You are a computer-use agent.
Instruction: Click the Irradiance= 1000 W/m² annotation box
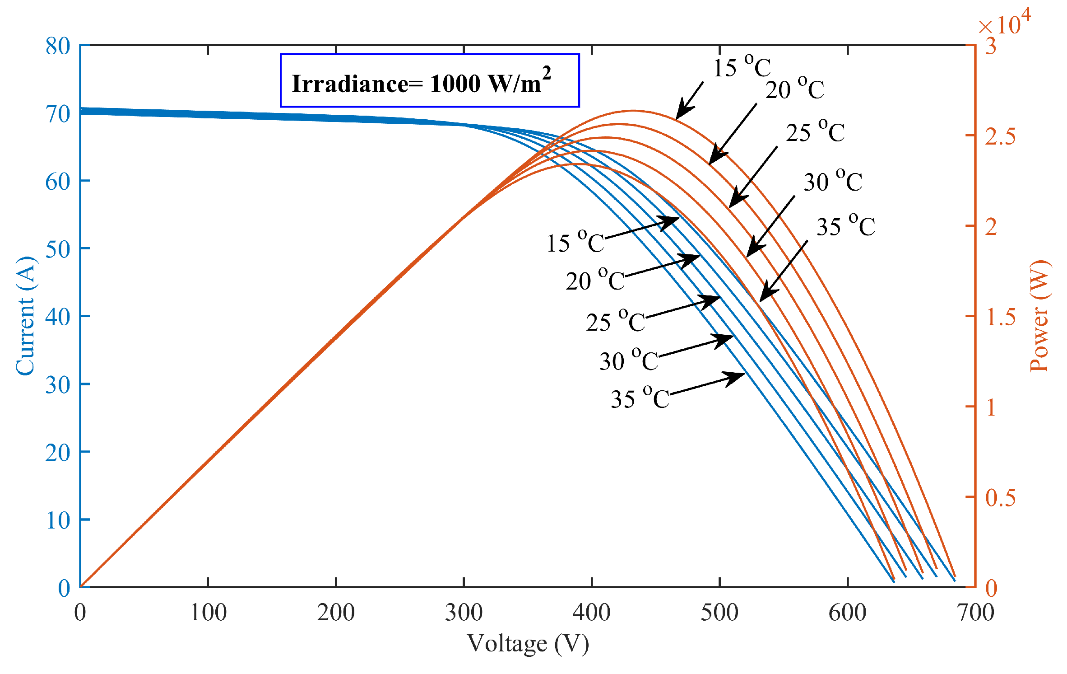tap(429, 80)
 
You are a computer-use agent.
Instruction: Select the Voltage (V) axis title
tap(528, 643)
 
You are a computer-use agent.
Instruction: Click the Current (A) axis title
tap(25, 316)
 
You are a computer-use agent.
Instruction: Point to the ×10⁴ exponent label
tap(1005, 23)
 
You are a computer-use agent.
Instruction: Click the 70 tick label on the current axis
tap(58, 114)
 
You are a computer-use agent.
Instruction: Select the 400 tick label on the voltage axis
tap(591, 613)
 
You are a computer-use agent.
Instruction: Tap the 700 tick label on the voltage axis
tap(975, 613)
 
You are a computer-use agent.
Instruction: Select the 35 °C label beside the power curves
tap(845, 226)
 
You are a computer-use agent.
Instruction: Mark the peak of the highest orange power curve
tap(633, 111)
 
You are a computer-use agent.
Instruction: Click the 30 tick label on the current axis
tap(58, 385)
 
